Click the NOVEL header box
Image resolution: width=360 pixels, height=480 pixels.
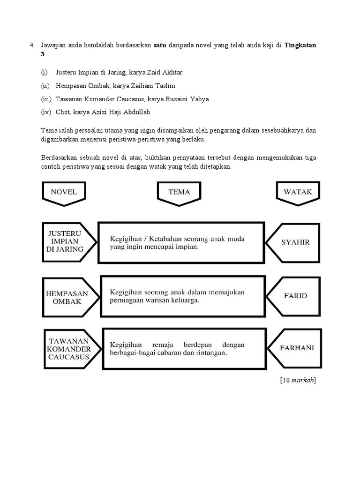point(64,192)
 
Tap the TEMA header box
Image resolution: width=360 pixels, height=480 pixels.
point(180,192)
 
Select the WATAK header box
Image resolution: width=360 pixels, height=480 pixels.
point(298,192)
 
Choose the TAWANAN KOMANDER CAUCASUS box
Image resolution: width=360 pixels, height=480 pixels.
point(68,348)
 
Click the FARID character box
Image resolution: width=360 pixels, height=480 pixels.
point(295,296)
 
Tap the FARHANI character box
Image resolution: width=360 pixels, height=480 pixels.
point(297,348)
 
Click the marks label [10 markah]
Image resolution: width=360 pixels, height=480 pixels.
point(298,380)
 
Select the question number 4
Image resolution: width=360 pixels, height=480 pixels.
point(31,45)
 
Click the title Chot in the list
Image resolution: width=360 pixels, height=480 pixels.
point(62,112)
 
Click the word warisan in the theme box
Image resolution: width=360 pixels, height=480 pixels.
point(157,301)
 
